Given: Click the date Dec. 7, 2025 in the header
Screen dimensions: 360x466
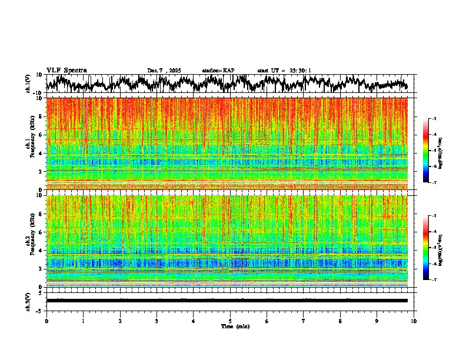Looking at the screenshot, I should click(164, 71).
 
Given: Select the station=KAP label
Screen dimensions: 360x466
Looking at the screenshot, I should click(218, 71).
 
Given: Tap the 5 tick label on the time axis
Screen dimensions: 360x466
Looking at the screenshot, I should click(230, 321).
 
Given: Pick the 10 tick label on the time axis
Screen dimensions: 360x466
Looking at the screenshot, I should click(414, 321).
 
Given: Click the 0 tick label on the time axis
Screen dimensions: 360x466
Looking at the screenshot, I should click(46, 321).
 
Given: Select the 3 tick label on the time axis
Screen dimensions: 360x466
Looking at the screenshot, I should click(157, 321).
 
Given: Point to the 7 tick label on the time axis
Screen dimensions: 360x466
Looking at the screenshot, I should click(304, 321).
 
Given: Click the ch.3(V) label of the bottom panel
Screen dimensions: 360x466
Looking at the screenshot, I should click(29, 300).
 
